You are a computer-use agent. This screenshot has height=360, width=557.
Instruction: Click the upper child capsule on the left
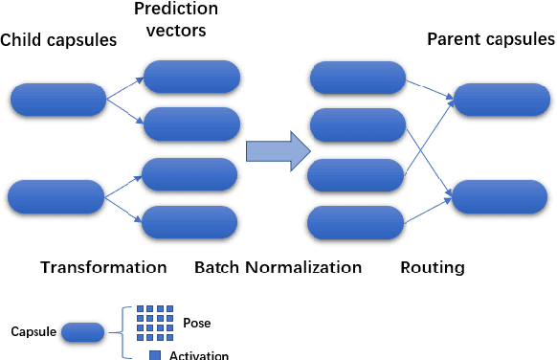click(58, 100)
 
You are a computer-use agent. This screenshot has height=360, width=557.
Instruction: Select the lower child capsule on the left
click(56, 195)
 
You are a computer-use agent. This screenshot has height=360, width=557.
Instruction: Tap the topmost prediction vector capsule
click(191, 77)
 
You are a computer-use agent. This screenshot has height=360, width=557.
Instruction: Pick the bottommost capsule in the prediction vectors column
click(189, 223)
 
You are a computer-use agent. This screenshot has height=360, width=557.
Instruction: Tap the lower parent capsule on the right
click(501, 195)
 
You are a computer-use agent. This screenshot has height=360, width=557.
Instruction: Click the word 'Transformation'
click(103, 267)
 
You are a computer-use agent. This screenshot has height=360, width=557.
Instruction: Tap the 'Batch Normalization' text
click(278, 267)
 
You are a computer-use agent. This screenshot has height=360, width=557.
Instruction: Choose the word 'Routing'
click(433, 267)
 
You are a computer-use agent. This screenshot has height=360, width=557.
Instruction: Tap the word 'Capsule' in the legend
click(33, 332)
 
